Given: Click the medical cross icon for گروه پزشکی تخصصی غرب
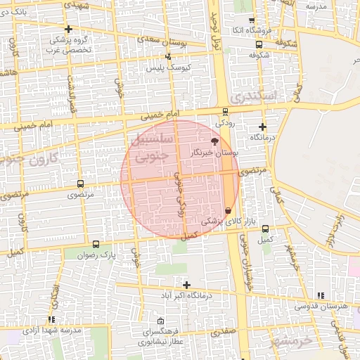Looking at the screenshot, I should pyautogui.click(x=68, y=29).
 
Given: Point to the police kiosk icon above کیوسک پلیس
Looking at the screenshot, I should pyautogui.click(x=167, y=56).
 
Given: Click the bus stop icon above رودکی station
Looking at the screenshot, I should pyautogui.click(x=225, y=111).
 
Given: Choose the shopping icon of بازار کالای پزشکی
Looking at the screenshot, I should pyautogui.click(x=228, y=211).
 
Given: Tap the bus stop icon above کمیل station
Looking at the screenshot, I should pyautogui.click(x=265, y=228).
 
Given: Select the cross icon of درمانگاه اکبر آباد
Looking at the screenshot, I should pyautogui.click(x=186, y=285).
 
